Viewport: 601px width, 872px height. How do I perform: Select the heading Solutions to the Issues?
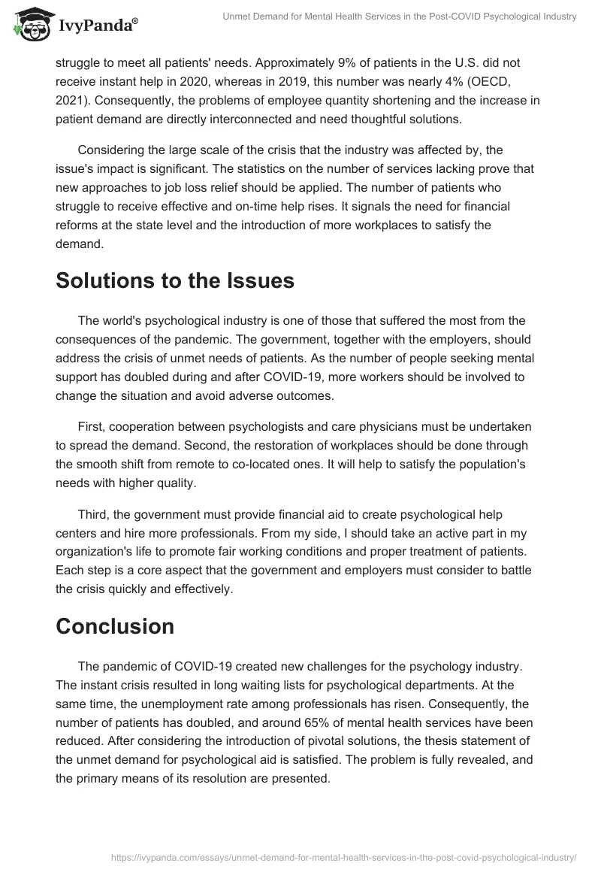coord(175,281)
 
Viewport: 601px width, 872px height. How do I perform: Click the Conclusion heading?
coord(115,625)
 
